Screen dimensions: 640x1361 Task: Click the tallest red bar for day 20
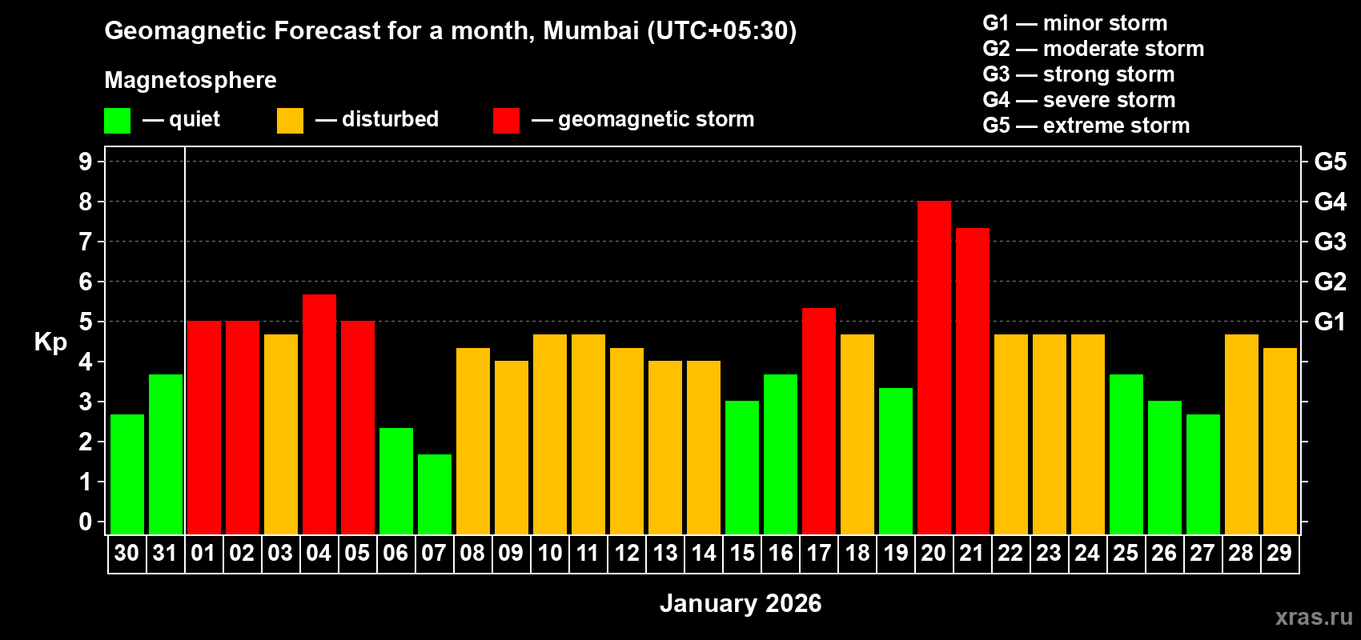(x=933, y=368)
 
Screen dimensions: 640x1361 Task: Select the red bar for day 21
(x=972, y=382)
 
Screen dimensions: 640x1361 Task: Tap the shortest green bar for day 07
(x=434, y=494)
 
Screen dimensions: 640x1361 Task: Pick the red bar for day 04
(x=319, y=414)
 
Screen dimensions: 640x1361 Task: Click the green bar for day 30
(x=126, y=474)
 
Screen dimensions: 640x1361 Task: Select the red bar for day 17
(x=818, y=422)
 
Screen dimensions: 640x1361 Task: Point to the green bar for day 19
(x=895, y=462)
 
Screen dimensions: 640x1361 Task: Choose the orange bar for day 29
(x=1279, y=442)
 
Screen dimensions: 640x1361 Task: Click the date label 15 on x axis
(x=742, y=553)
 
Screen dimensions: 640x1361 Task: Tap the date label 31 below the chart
(x=165, y=553)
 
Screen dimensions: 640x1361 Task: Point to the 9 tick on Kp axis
(x=86, y=162)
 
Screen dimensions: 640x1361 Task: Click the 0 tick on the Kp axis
(x=86, y=522)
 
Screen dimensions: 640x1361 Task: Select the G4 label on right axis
(x=1330, y=202)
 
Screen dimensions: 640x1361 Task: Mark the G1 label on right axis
(x=1330, y=322)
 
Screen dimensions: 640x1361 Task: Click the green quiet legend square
(x=117, y=121)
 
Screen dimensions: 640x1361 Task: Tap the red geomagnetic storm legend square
(x=506, y=121)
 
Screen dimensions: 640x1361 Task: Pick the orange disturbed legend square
(x=290, y=121)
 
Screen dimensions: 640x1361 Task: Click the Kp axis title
(x=50, y=342)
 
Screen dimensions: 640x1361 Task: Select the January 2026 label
(x=741, y=603)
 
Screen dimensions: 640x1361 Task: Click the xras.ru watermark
(x=1313, y=616)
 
